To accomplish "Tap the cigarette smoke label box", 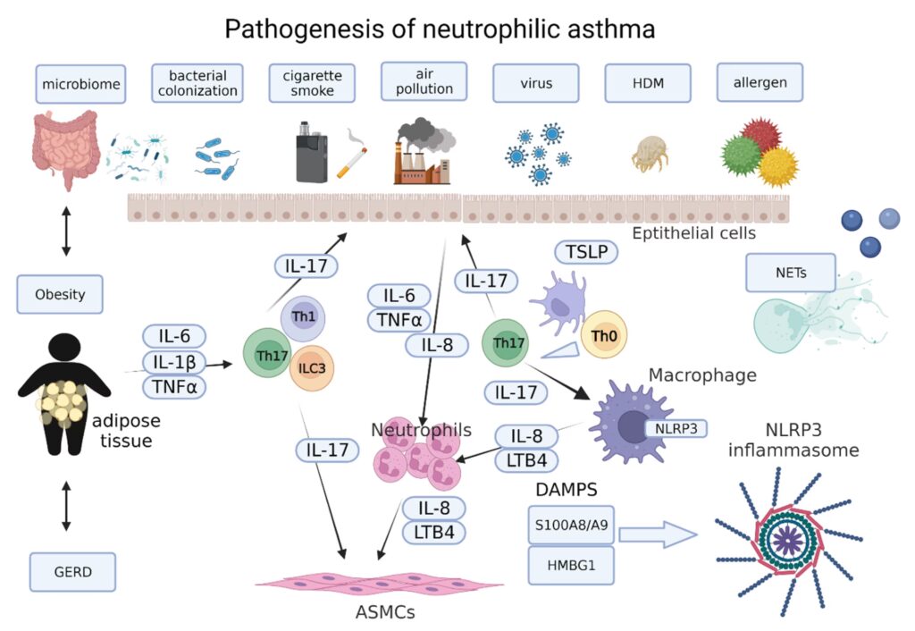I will pyautogui.click(x=312, y=83).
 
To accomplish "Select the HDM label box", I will pyautogui.click(x=649, y=83).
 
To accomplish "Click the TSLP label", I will pyautogui.click(x=587, y=253).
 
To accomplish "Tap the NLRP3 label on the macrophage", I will pyautogui.click(x=675, y=428).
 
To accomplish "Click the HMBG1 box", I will pyautogui.click(x=569, y=565).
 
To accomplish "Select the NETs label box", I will pyautogui.click(x=789, y=274).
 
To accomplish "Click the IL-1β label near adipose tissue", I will pyautogui.click(x=173, y=361).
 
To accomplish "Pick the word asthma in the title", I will pyautogui.click(x=605, y=29).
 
